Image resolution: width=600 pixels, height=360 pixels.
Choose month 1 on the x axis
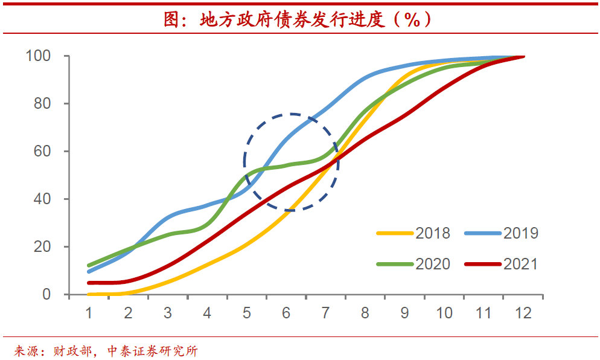click(89, 313)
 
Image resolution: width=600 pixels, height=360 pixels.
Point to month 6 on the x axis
click(286, 313)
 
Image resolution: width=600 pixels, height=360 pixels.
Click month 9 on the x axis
click(404, 313)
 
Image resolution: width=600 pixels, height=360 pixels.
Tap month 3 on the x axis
click(167, 313)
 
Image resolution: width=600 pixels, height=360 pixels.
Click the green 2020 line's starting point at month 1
click(89, 266)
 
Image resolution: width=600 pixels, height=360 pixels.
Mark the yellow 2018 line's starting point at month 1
click(89, 294)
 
